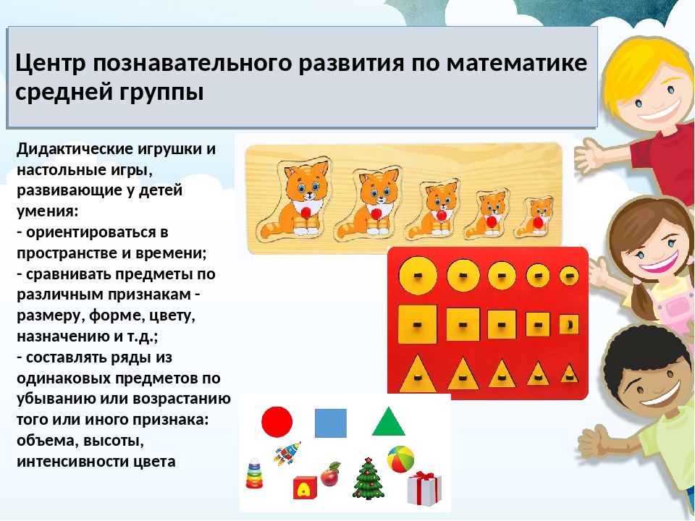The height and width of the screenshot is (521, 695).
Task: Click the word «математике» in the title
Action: click(516, 63)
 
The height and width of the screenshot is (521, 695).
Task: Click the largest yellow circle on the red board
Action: click(418, 276)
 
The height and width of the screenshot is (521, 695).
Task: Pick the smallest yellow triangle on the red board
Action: click(569, 373)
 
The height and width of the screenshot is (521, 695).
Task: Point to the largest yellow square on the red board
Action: click(418, 324)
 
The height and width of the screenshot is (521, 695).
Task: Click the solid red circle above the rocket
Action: click(277, 422)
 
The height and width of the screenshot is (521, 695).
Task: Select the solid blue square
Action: click(331, 423)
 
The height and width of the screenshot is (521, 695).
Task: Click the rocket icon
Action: click(287, 453)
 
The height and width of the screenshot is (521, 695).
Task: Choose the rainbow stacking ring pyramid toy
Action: click(254, 473)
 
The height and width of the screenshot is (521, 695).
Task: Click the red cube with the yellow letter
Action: click(305, 487)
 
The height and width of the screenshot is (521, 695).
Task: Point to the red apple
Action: click(331, 475)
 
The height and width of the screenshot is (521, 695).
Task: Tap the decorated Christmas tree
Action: click(368, 479)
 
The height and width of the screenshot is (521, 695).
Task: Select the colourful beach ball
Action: click(400, 459)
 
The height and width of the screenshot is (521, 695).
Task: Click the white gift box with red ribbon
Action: click(424, 488)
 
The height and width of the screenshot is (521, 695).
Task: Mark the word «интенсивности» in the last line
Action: click(72, 462)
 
